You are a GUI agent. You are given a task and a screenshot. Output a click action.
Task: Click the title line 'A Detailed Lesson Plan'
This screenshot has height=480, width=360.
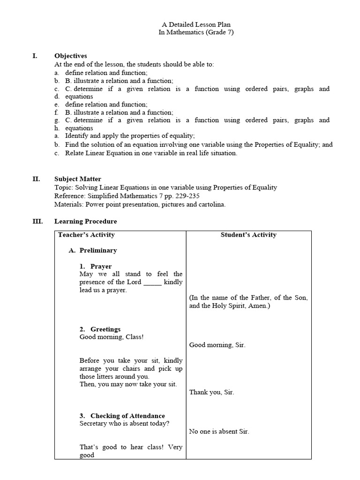point(196,24)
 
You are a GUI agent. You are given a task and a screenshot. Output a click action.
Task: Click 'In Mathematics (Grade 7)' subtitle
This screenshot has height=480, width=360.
point(196,32)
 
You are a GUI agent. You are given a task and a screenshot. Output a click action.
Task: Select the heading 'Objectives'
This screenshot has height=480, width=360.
point(71,56)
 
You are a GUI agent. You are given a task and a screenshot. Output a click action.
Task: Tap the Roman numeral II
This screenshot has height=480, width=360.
point(36,179)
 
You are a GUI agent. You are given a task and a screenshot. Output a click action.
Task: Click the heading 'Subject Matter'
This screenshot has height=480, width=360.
point(78,179)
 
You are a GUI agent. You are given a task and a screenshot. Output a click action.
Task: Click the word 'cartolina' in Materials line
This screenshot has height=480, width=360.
point(211,204)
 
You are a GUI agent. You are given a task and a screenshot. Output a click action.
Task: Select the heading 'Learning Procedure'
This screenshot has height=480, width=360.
point(86,221)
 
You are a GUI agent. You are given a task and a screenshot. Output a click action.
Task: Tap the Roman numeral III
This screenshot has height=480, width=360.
point(37,221)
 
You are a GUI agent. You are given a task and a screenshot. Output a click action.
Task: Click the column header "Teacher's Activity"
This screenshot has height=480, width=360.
point(86,235)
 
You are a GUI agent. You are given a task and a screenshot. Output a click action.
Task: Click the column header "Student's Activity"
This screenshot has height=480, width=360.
point(248,235)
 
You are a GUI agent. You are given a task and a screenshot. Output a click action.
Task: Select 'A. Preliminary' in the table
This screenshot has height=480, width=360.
point(93,250)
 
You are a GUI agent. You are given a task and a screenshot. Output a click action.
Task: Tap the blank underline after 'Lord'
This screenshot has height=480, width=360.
point(152,282)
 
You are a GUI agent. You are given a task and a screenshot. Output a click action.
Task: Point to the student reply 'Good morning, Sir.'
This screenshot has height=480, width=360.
point(217,345)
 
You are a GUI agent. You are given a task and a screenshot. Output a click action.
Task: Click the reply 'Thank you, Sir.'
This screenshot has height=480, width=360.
point(211,392)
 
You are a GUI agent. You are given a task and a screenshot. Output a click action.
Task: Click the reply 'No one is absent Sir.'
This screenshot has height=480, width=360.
point(219,432)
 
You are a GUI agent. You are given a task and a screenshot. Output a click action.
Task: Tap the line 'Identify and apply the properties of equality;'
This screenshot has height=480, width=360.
point(130,136)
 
